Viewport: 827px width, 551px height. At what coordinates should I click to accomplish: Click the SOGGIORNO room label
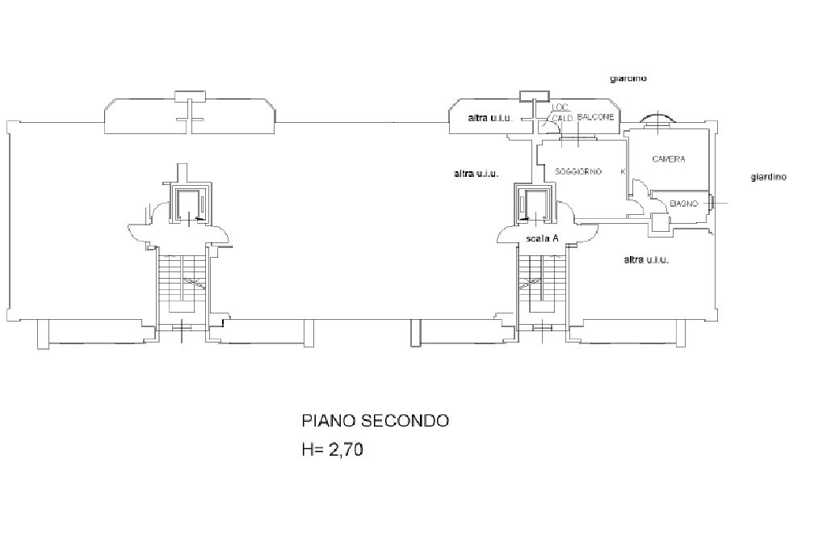pyautogui.click(x=578, y=171)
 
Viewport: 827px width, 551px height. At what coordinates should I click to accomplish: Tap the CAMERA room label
pyautogui.click(x=668, y=159)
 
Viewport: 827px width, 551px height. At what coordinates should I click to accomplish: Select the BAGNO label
pyautogui.click(x=683, y=204)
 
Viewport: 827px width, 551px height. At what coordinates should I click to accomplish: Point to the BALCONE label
pyautogui.click(x=596, y=117)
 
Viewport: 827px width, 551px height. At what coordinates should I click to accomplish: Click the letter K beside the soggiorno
pyautogui.click(x=622, y=171)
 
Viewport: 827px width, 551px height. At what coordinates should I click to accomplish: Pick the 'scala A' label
pyautogui.click(x=542, y=238)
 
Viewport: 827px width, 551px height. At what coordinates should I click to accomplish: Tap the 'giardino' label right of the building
pyautogui.click(x=768, y=177)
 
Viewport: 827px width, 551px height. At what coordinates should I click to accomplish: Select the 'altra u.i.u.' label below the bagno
pyautogui.click(x=646, y=259)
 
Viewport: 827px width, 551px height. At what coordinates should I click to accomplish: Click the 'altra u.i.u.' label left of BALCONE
pyautogui.click(x=489, y=119)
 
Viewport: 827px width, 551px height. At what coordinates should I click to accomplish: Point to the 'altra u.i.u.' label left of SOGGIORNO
pyautogui.click(x=476, y=174)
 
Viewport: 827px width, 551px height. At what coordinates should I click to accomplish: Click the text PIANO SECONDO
pyautogui.click(x=375, y=421)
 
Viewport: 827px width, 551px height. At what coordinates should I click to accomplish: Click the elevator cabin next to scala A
pyautogui.click(x=534, y=204)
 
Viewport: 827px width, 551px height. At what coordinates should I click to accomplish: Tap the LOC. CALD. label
pyautogui.click(x=561, y=112)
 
